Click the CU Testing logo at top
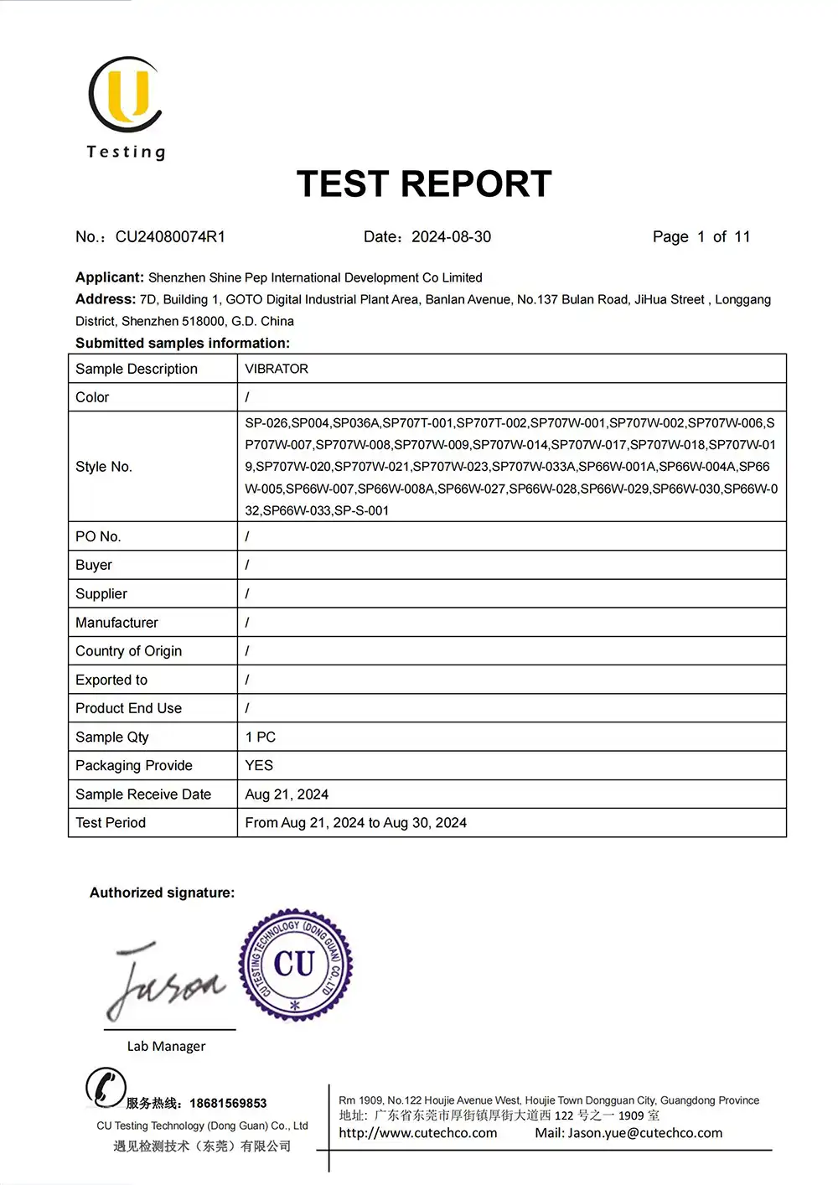(x=126, y=105)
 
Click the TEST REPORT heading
(x=424, y=184)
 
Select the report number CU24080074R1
(x=170, y=237)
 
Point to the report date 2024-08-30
(x=451, y=237)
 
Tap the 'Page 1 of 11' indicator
(x=701, y=237)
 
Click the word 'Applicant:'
(x=110, y=277)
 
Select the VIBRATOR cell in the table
(x=277, y=369)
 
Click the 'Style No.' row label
(x=104, y=467)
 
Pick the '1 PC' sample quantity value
(x=260, y=737)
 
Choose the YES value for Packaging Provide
(x=259, y=766)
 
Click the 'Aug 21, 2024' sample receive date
(x=287, y=794)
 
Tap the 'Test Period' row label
(x=111, y=823)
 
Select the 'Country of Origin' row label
(x=128, y=651)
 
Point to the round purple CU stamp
(x=295, y=965)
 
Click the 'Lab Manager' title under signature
(x=166, y=1046)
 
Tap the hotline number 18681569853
(x=228, y=1103)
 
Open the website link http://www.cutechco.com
(x=417, y=1133)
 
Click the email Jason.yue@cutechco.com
(x=644, y=1133)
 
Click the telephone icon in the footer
(x=106, y=1088)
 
